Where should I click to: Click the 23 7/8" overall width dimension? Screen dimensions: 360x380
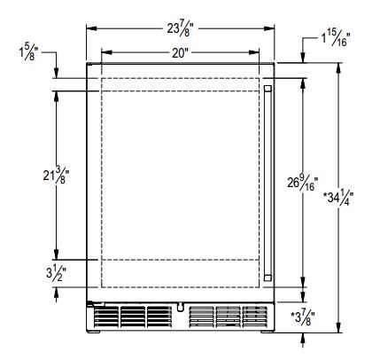tap(181, 28)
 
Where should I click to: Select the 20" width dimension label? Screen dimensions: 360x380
tap(181, 52)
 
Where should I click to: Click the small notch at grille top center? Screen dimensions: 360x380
tap(181, 310)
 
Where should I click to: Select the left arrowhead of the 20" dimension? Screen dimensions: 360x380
tap(104, 52)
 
